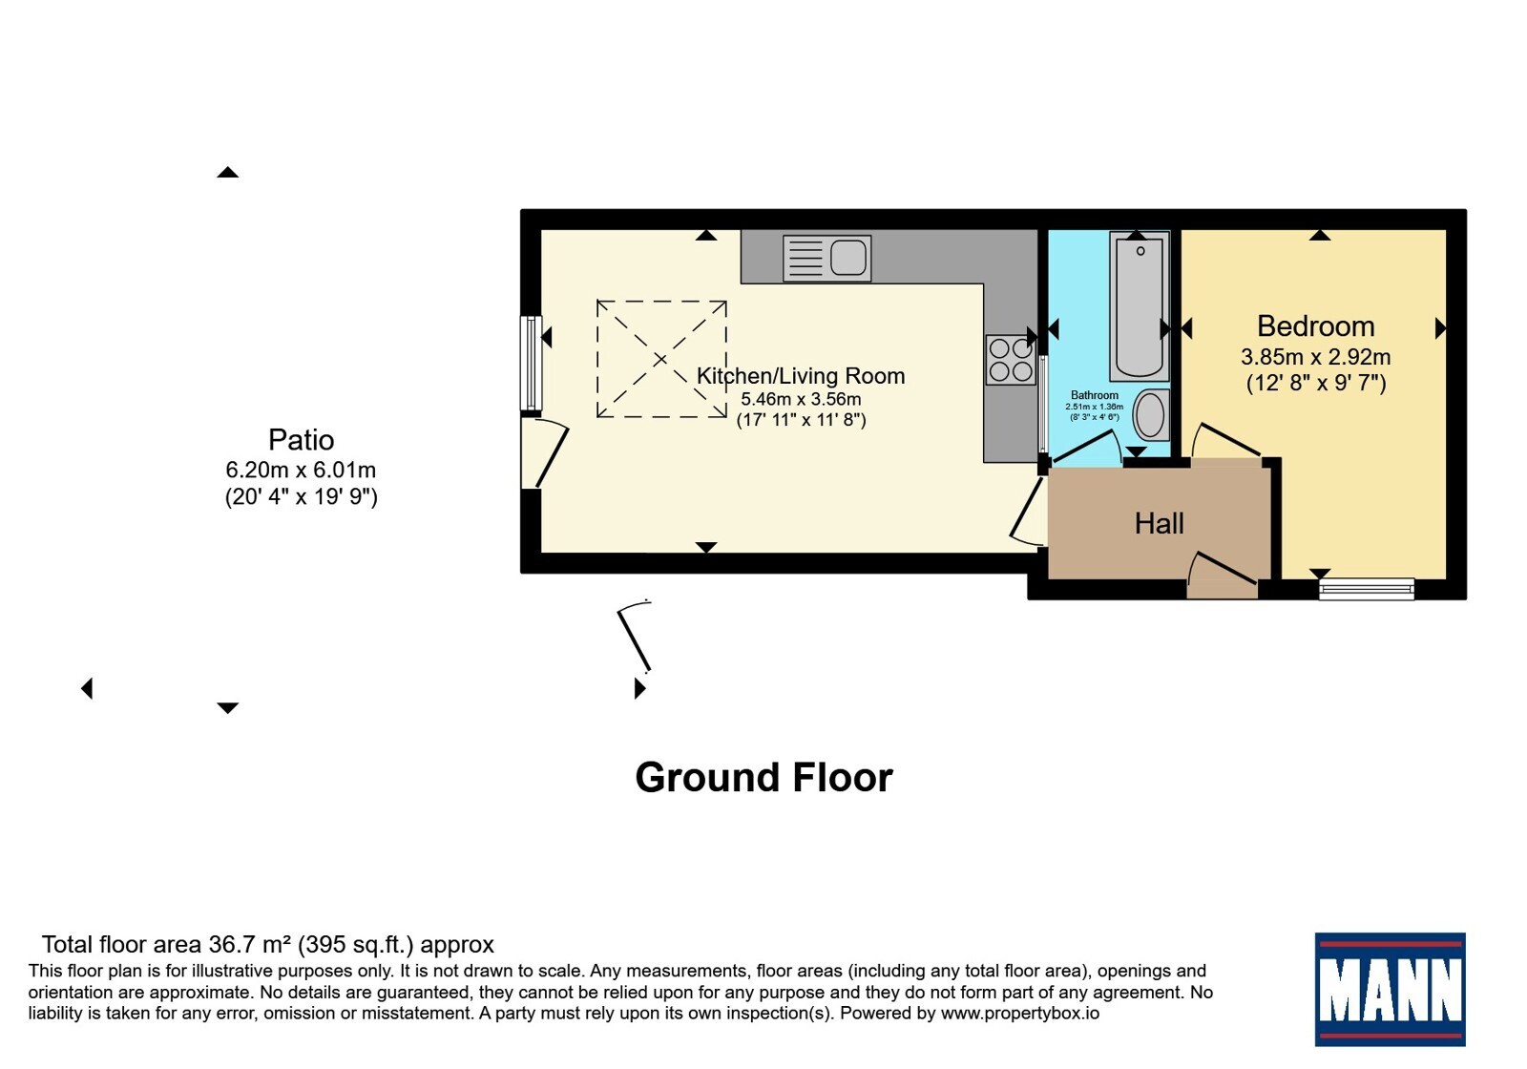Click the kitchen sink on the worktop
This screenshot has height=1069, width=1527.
point(826,259)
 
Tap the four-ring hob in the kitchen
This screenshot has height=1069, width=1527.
point(1011,360)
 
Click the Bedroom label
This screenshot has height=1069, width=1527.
point(1316,325)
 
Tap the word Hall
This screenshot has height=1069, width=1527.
point(1159,524)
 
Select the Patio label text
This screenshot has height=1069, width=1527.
point(301,440)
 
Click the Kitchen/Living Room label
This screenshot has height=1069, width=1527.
point(801,376)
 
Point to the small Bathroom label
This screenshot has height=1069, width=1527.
point(1094,395)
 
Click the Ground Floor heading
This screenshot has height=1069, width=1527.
point(763,777)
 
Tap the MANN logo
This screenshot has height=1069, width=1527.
point(1390,989)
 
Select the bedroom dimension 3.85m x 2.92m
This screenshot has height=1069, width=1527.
point(1316,357)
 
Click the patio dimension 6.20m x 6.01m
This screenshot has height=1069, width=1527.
point(301,470)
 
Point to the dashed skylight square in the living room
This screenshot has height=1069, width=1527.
point(661,359)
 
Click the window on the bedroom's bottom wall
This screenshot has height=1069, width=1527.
point(1366,589)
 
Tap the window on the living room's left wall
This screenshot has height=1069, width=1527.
point(531,363)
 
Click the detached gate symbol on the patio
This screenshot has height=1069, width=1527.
point(635,636)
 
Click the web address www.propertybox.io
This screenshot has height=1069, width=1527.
point(1020,1013)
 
